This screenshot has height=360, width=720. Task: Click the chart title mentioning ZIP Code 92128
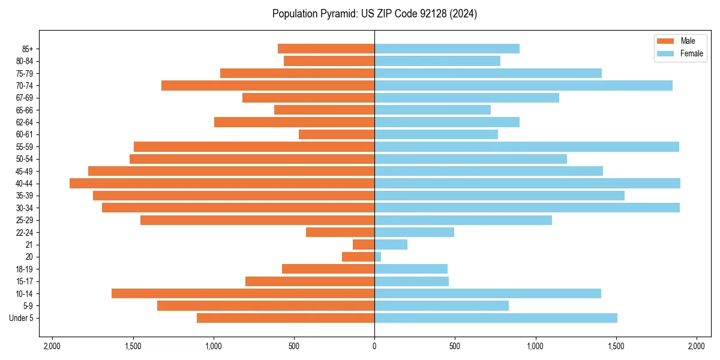pos(374,14)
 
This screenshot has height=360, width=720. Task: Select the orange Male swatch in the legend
pos(665,41)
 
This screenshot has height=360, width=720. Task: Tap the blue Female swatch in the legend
pos(665,53)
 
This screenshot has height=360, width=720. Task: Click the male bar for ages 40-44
pos(222,183)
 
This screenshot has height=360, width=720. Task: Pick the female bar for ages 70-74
pos(523,85)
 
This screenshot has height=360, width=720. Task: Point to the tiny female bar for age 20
pos(378,257)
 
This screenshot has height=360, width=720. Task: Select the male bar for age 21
pos(364,244)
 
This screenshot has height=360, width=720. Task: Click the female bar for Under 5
pos(496,318)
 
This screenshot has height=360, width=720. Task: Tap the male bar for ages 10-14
pos(243,293)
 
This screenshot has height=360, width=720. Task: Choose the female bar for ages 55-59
pos(527,146)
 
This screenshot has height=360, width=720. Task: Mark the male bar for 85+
pos(326,49)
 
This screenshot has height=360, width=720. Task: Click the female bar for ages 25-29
pos(463,220)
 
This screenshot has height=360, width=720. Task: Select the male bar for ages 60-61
pos(337,134)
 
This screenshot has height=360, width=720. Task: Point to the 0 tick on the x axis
pos(374,346)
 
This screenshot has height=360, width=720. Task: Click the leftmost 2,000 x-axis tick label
pos(52,346)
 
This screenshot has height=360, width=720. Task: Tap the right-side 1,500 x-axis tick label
pos(616,346)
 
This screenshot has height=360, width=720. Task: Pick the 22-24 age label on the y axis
pos(24,232)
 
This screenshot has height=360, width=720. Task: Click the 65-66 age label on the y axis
pos(24,110)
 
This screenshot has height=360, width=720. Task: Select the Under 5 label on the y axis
pos(22,318)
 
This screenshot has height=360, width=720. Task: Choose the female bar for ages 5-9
pos(442,305)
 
